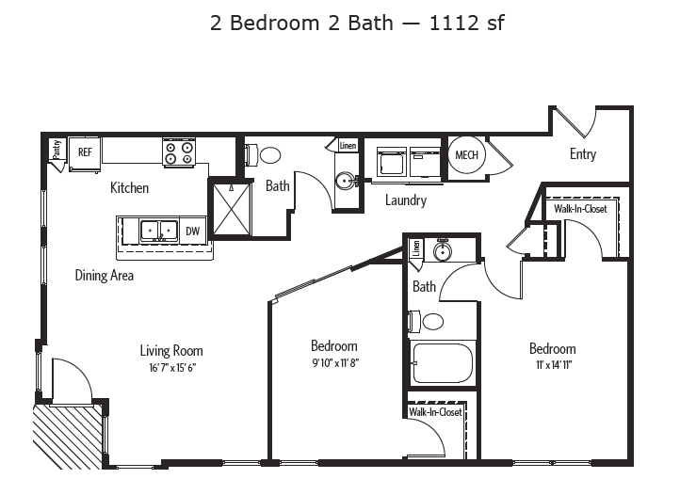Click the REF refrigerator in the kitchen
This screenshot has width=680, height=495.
coord(85,152)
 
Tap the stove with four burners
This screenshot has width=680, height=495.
coord(178,152)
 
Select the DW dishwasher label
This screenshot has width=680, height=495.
coord(192,230)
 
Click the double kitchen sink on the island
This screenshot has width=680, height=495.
coord(158,230)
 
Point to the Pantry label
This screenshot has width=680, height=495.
coord(57,149)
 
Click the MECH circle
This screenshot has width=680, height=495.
coord(465,154)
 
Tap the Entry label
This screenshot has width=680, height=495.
coord(582,154)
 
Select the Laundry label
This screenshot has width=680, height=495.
coord(405,200)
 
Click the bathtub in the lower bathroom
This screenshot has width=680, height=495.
coord(443,362)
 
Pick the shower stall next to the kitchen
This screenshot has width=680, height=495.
coord(231,205)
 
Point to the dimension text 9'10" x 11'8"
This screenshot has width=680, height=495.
coord(333,362)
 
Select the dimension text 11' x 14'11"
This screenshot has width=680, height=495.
coord(552,364)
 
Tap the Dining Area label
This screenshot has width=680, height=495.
coord(105,276)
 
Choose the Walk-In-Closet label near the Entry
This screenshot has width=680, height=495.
coord(580,209)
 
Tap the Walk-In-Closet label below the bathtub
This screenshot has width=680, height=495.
coord(434,412)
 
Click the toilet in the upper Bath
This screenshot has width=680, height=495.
coord(267,155)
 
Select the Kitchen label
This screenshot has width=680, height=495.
coord(129,188)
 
